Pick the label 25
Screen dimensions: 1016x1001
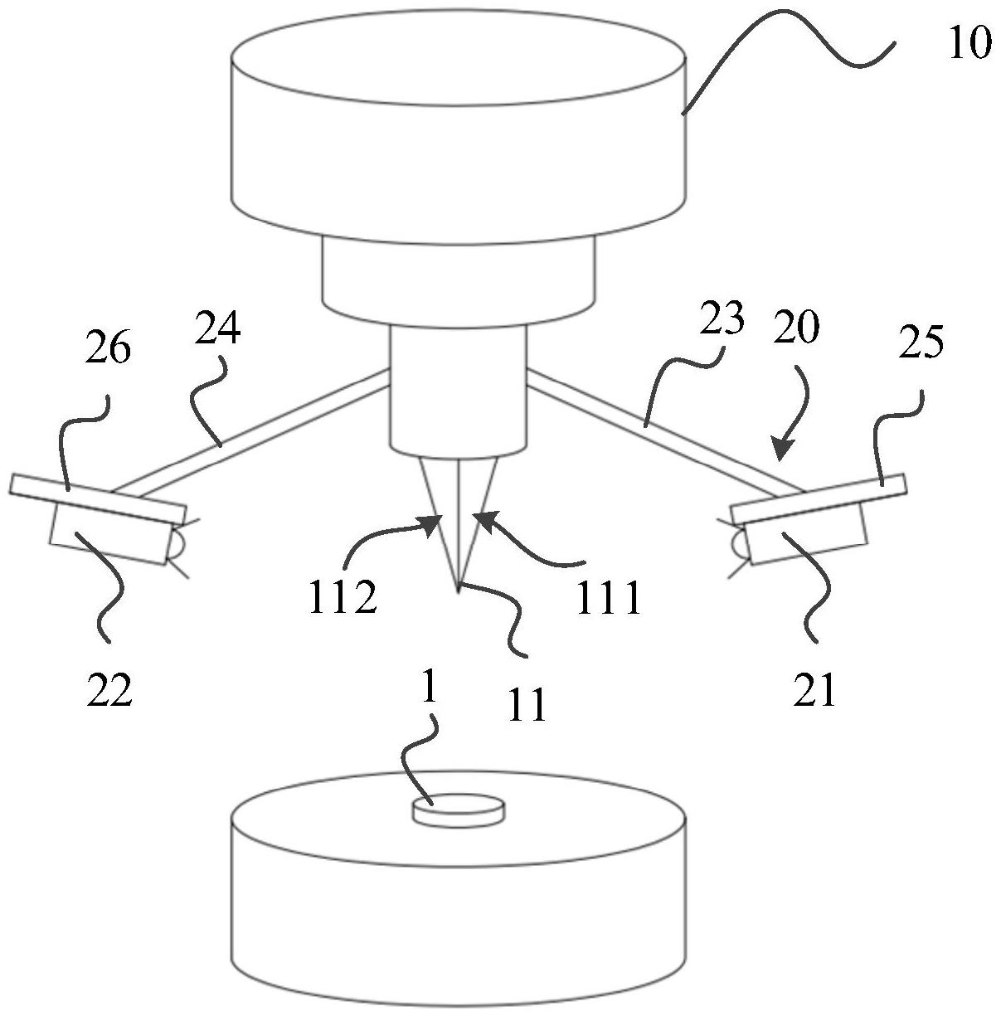pyautogui.click(x=921, y=343)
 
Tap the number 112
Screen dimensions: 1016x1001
pyautogui.click(x=343, y=597)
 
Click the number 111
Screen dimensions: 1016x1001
pyautogui.click(x=609, y=596)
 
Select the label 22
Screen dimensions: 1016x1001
pyautogui.click(x=109, y=689)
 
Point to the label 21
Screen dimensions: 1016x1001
pyautogui.click(x=814, y=689)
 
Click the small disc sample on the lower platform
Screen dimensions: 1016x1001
pyautogui.click(x=459, y=808)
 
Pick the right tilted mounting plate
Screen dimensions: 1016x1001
pyautogui.click(x=818, y=499)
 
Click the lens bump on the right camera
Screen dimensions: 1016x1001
pyautogui.click(x=737, y=543)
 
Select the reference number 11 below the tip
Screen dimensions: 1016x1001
pyautogui.click(x=527, y=705)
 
